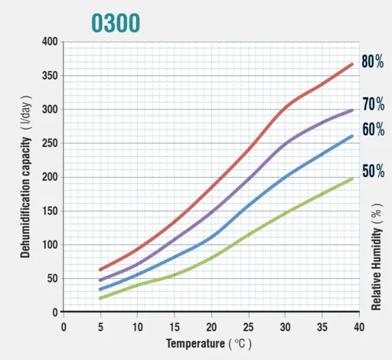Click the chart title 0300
click(x=116, y=23)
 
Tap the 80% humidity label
click(x=373, y=61)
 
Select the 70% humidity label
click(x=374, y=104)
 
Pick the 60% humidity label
click(x=374, y=129)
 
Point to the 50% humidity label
click(x=374, y=171)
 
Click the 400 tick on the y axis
click(x=50, y=41)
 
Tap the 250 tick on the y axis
click(x=50, y=143)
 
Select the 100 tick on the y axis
click(x=50, y=244)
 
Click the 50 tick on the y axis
click(x=53, y=278)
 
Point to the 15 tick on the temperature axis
click(x=175, y=327)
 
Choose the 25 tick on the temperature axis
click(x=248, y=327)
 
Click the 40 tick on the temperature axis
click(x=359, y=327)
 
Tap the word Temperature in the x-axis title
click(x=195, y=344)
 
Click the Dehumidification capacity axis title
click(x=25, y=198)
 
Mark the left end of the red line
click(x=100, y=270)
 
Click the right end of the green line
click(x=352, y=179)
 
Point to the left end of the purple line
click(x=100, y=280)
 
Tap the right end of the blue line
click(x=352, y=136)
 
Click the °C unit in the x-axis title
click(x=240, y=344)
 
